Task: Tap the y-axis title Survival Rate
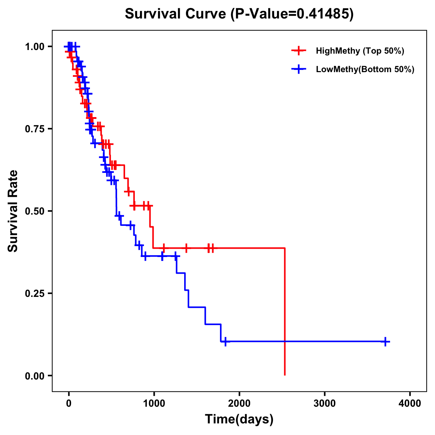click(x=13, y=211)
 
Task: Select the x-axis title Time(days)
click(x=239, y=419)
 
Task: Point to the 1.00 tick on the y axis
click(x=34, y=46)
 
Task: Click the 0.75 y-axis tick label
click(x=34, y=129)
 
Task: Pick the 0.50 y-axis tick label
click(x=34, y=211)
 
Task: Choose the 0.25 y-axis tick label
click(x=34, y=293)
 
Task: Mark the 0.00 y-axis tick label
click(x=34, y=376)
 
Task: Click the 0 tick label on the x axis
click(x=69, y=403)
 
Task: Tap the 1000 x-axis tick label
click(x=154, y=403)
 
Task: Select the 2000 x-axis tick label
click(x=239, y=403)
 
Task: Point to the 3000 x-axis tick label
click(x=324, y=403)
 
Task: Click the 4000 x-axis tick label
click(x=410, y=403)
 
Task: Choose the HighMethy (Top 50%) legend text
click(x=360, y=51)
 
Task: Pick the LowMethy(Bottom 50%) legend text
click(x=365, y=70)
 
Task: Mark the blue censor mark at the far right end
click(x=386, y=341)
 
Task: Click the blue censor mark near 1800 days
click(x=225, y=341)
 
